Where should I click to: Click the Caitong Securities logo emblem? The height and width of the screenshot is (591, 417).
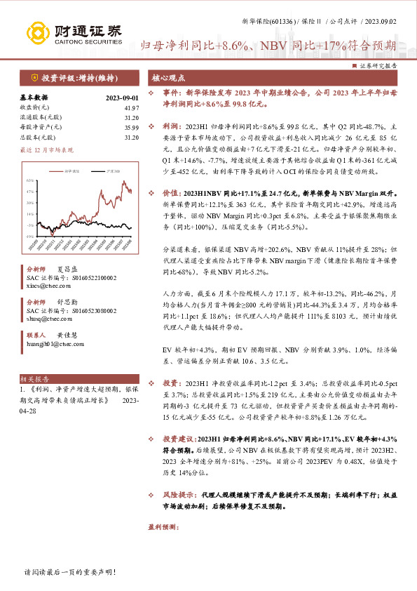pyautogui.click(x=39, y=32)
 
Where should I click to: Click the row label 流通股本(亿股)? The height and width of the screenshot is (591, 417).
pyautogui.click(x=41, y=117)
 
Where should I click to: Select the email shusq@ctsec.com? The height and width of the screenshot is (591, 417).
pyautogui.click(x=48, y=317)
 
